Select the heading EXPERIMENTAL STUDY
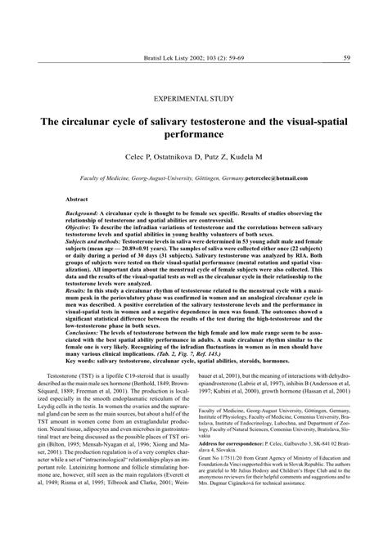(193, 97)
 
